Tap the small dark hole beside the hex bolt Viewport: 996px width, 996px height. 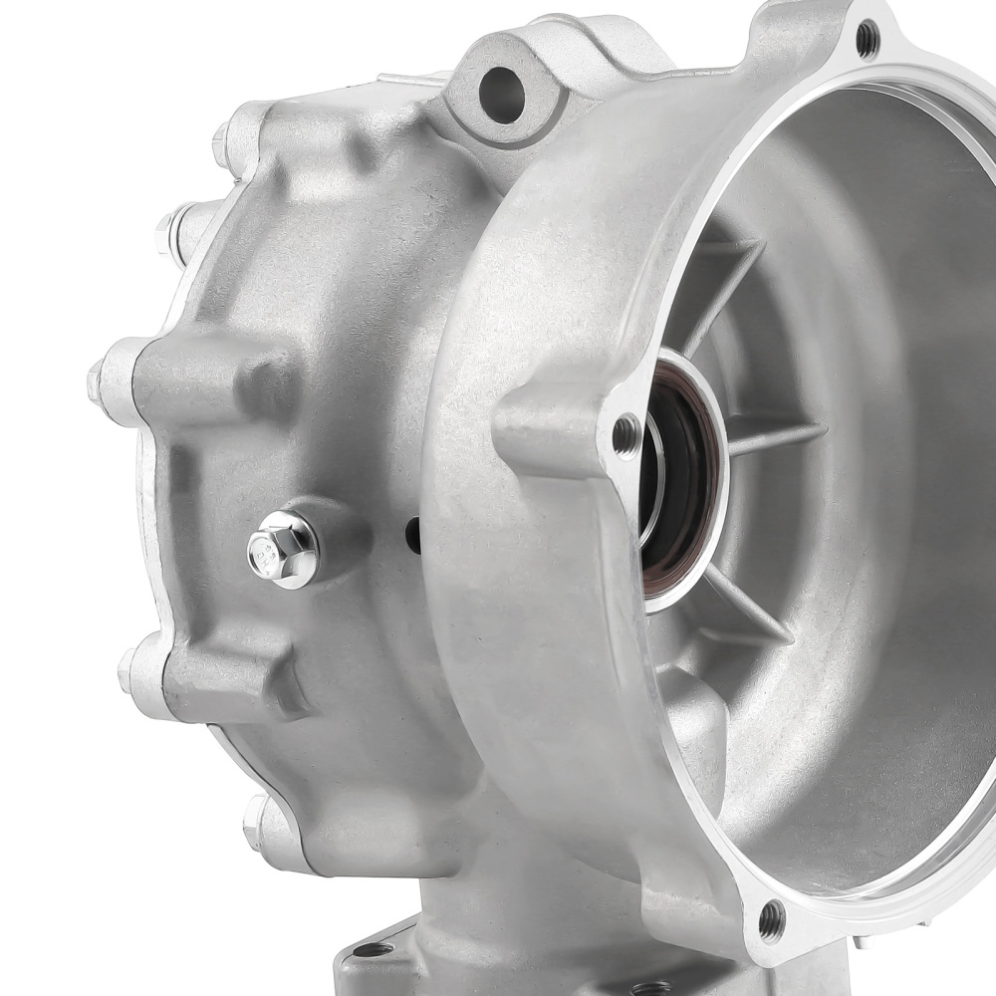pos(412,536)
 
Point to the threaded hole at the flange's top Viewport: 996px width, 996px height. pos(868,38)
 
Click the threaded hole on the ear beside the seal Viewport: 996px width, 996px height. pos(626,433)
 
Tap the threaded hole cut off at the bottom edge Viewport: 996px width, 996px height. pos(651,989)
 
